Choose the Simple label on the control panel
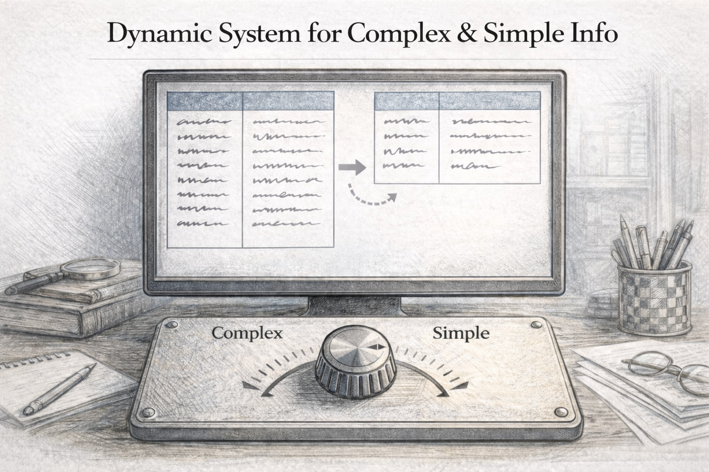click(461, 333)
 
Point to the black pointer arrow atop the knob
click(376, 347)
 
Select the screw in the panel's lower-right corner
click(562, 411)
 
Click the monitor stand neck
click(354, 305)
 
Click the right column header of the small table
click(489, 100)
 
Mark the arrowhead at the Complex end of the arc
click(248, 385)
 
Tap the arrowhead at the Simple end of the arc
click(462, 385)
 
